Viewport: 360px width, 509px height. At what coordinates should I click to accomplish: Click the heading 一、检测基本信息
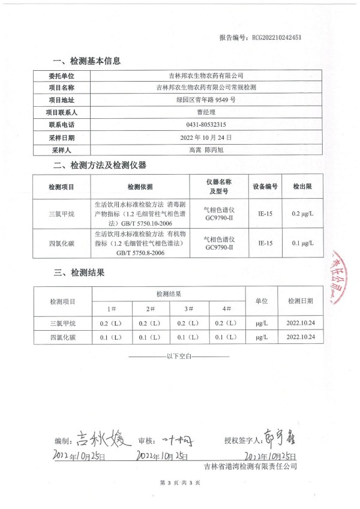click(x=87, y=61)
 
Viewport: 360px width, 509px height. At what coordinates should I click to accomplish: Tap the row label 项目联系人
click(x=62, y=112)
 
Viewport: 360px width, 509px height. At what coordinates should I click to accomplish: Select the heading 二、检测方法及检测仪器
click(x=100, y=165)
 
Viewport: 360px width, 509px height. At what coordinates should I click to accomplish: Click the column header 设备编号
click(x=265, y=187)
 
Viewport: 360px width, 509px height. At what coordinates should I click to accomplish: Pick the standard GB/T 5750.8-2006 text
click(x=140, y=254)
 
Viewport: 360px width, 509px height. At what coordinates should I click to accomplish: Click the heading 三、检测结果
click(x=79, y=273)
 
